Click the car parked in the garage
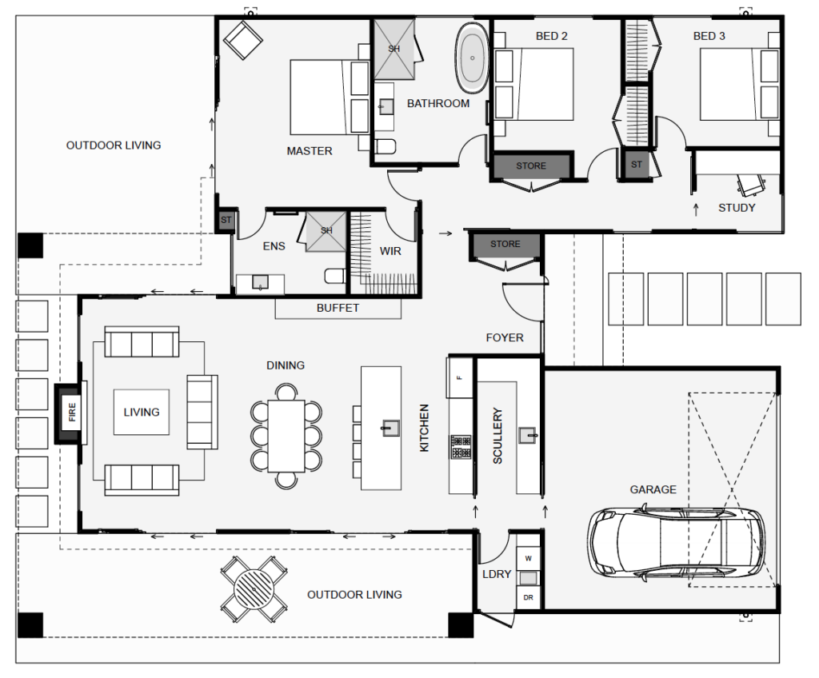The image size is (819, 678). point(677,543)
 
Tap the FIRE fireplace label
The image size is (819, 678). point(72,413)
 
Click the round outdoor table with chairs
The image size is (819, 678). point(254,590)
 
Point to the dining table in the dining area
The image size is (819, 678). point(286,435)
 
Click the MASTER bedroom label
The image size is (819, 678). point(310,150)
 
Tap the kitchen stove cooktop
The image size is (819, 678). point(461,447)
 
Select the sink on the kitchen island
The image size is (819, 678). point(390,428)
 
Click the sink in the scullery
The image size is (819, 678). point(528,436)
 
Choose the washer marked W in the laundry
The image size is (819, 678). point(528,557)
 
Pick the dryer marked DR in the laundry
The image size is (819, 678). point(528,597)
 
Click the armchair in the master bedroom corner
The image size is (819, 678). point(242,38)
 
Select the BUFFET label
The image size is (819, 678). point(338,308)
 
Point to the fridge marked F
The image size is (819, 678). point(460,377)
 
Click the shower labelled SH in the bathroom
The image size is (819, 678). point(394,49)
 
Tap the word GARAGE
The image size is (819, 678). point(653,489)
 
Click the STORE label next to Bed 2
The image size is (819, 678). point(530,166)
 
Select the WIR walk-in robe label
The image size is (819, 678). point(390,251)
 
